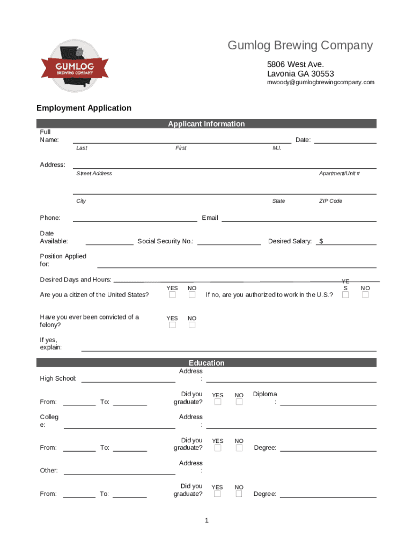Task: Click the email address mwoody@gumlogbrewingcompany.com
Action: pyautogui.click(x=321, y=82)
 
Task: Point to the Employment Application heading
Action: pyautogui.click(x=84, y=108)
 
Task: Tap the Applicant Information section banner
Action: pyautogui.click(x=206, y=124)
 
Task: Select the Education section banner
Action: pyautogui.click(x=206, y=363)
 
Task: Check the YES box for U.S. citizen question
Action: pyautogui.click(x=172, y=295)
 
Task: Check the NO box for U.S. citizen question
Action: pyautogui.click(x=192, y=295)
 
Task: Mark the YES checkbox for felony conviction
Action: pyautogui.click(x=172, y=325)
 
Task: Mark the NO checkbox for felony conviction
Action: pyautogui.click(x=192, y=325)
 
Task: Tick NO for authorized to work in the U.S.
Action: pyautogui.click(x=365, y=295)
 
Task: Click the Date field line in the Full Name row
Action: pyautogui.click(x=345, y=143)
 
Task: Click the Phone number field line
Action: pyautogui.click(x=135, y=220)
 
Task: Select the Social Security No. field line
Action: pyautogui.click(x=229, y=244)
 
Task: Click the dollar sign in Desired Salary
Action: pyautogui.click(x=321, y=241)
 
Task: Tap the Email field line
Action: pyautogui.click(x=299, y=220)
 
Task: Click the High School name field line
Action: pyautogui.click(x=128, y=381)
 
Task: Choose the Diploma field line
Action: pyautogui.click(x=328, y=404)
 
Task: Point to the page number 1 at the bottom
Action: pyautogui.click(x=206, y=521)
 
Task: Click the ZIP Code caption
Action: pyautogui.click(x=330, y=201)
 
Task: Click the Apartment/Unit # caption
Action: pyautogui.click(x=339, y=174)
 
